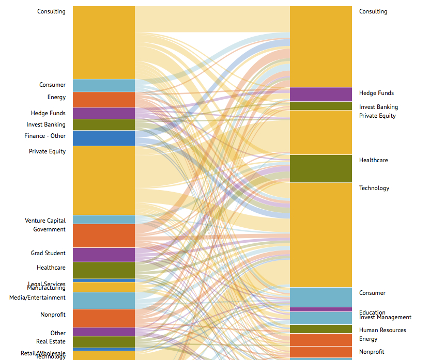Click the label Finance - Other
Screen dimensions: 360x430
coord(45,136)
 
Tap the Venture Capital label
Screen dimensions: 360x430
coord(45,221)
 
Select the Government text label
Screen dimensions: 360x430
coord(50,229)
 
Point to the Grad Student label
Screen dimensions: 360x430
coord(48,253)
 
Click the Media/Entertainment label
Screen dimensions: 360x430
coord(37,298)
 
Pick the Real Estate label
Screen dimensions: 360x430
coord(51,341)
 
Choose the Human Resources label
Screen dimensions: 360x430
coord(382,330)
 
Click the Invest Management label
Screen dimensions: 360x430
coord(386,318)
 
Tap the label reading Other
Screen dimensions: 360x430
coord(58,333)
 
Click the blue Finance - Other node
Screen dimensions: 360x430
coord(104,138)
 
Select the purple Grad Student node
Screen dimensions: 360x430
coord(104,255)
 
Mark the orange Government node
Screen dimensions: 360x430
coord(104,236)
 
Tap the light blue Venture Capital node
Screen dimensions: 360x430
coord(104,220)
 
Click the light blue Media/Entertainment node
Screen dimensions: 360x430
coord(104,301)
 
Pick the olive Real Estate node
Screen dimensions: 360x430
coord(104,342)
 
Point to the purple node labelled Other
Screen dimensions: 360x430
coord(104,332)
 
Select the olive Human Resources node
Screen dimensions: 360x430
coord(321,329)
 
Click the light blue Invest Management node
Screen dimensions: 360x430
coord(321,318)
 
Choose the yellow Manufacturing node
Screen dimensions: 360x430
coord(104,287)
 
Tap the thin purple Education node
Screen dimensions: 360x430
coord(321,309)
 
